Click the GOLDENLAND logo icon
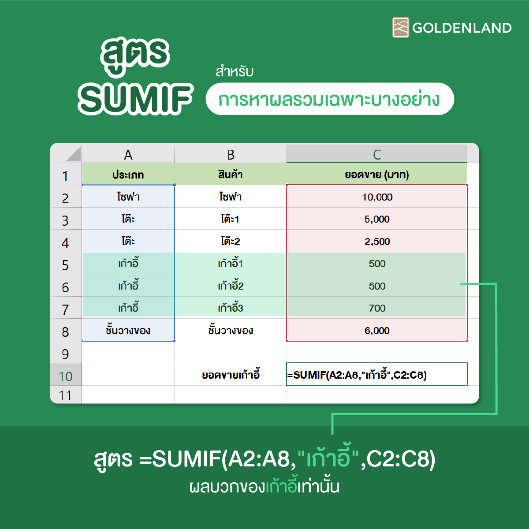[401, 27]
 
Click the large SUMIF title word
[135, 99]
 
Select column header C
[376, 154]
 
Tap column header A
[128, 154]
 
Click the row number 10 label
[66, 376]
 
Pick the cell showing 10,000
[376, 197]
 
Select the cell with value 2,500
[376, 241]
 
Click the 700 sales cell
[376, 308]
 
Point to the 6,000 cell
[376, 330]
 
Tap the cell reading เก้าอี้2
[231, 286]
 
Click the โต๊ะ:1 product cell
[231, 219]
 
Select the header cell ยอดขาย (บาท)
[376, 174]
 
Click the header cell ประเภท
[128, 174]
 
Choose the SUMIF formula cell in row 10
[376, 374]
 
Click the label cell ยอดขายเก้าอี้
[231, 374]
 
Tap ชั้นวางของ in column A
[128, 330]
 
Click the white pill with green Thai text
[330, 99]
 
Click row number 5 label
[66, 264]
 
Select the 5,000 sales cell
[376, 219]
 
